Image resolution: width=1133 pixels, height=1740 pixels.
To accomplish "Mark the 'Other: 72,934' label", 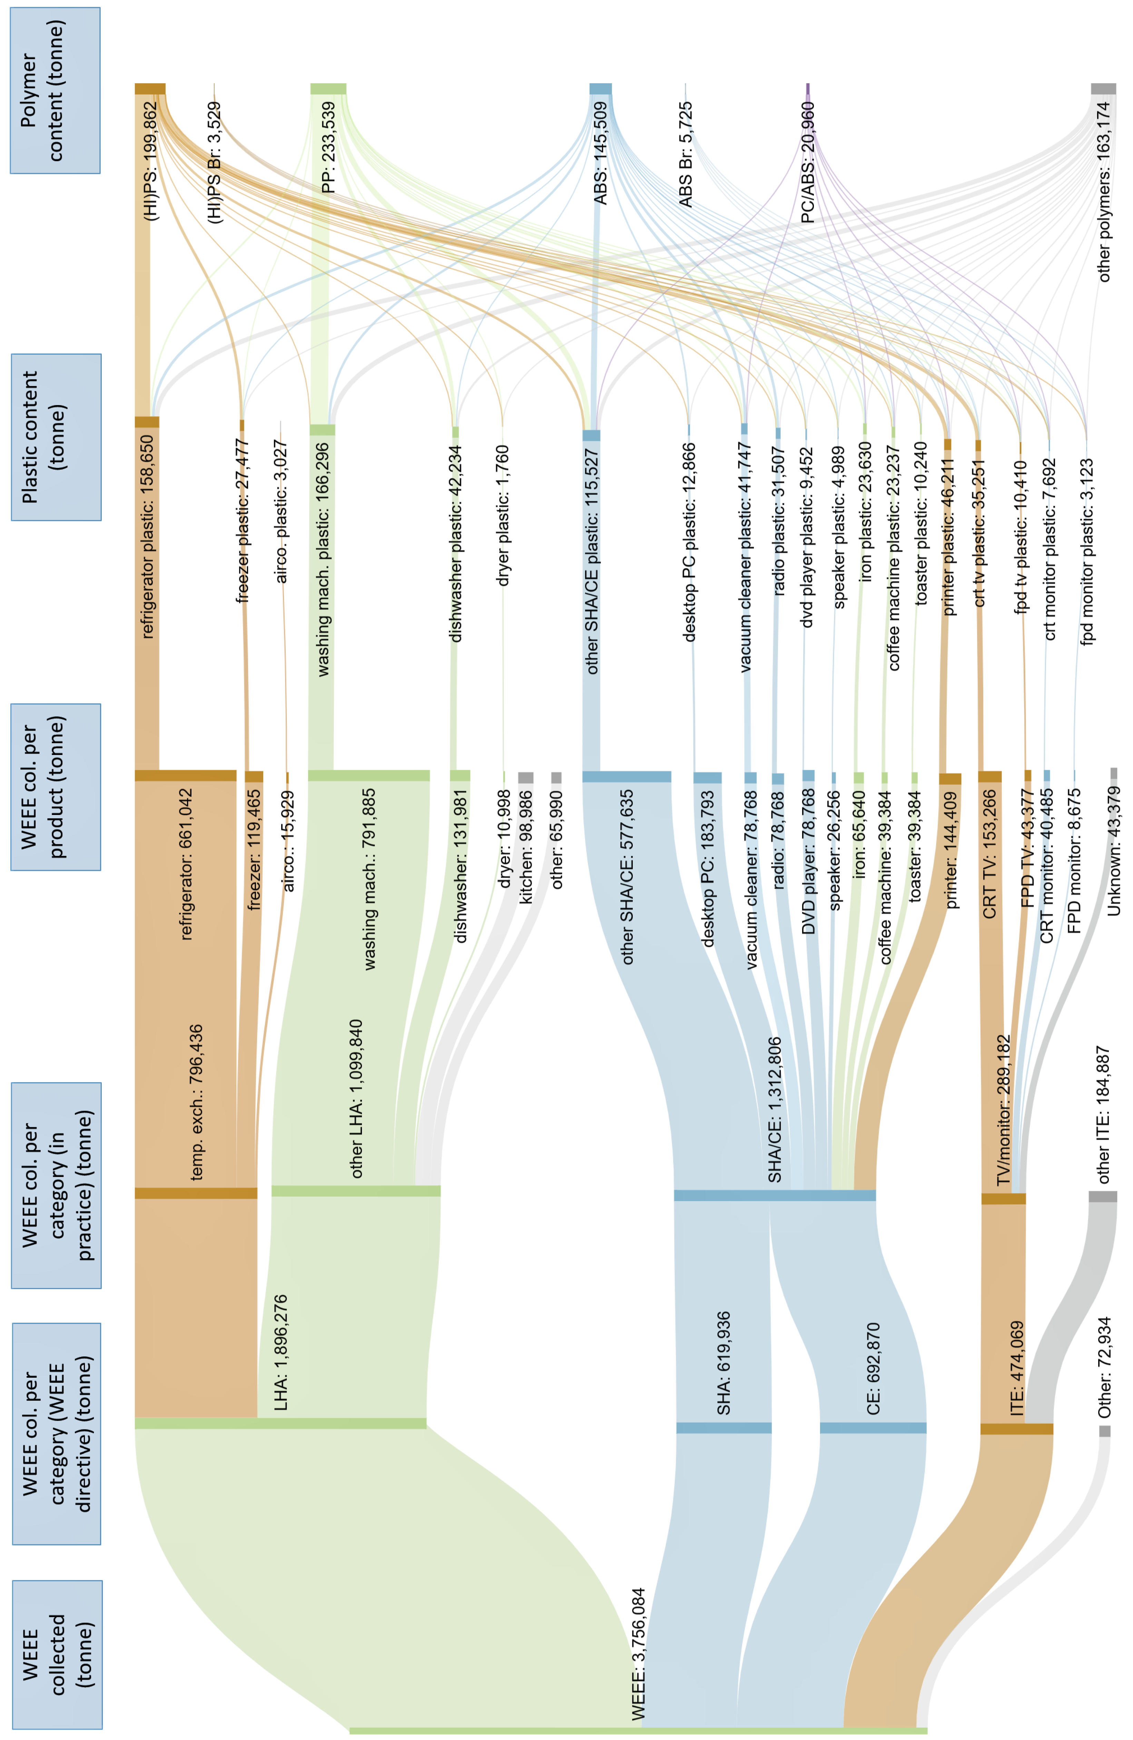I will tap(1104, 1367).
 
